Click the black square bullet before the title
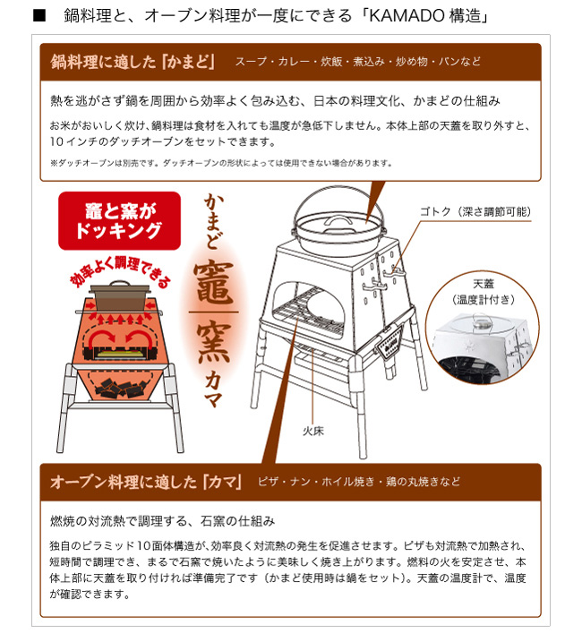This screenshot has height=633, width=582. (39, 16)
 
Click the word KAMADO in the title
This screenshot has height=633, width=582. (407, 16)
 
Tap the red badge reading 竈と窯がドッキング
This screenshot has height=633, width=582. (119, 221)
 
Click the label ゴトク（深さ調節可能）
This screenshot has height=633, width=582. (475, 211)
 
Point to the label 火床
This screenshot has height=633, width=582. (313, 432)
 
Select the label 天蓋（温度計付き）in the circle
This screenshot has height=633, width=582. (484, 292)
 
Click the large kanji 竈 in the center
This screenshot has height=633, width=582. (213, 282)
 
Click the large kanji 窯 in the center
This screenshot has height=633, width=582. (213, 341)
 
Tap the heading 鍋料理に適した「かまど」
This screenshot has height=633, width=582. (133, 62)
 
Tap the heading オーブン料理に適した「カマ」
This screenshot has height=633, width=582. (146, 482)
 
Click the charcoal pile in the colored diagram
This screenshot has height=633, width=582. (120, 387)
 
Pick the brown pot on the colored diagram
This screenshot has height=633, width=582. (120, 296)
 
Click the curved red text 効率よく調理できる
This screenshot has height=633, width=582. (119, 269)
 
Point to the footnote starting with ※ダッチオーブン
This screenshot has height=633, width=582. (221, 163)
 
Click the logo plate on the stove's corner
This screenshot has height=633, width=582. (388, 342)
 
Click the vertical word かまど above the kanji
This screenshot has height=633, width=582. (213, 221)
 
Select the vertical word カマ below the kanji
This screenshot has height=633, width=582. (213, 389)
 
